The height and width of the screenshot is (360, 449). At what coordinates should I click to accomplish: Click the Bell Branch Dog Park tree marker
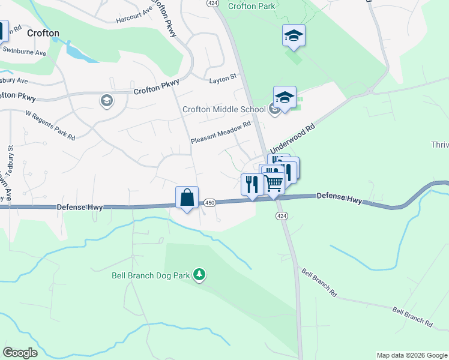pyautogui.click(x=199, y=275)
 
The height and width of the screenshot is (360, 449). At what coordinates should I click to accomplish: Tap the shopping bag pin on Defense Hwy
pyautogui.click(x=187, y=197)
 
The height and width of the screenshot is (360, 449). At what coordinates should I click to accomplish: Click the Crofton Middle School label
pyautogui.click(x=224, y=109)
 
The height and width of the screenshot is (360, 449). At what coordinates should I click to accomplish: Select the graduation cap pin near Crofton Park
pyautogui.click(x=294, y=36)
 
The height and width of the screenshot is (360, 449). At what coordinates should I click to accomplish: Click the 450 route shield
pyautogui.click(x=209, y=203)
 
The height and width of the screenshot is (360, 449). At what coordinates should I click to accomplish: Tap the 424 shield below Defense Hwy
pyautogui.click(x=280, y=215)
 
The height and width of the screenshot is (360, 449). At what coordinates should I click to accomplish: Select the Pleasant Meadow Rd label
pyautogui.click(x=220, y=133)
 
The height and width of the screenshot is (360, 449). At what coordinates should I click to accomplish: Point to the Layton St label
pyautogui.click(x=223, y=79)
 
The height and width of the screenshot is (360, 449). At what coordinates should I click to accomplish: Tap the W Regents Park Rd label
pyautogui.click(x=50, y=125)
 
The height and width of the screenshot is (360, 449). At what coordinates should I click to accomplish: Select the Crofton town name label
pyautogui.click(x=43, y=33)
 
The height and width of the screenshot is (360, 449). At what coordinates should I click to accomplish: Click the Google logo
pyautogui.click(x=20, y=352)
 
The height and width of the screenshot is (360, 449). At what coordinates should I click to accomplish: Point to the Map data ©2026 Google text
pyautogui.click(x=411, y=355)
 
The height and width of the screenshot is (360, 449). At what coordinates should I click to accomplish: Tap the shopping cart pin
pyautogui.click(x=273, y=182)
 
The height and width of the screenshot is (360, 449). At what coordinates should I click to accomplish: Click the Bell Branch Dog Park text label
pyautogui.click(x=151, y=276)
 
